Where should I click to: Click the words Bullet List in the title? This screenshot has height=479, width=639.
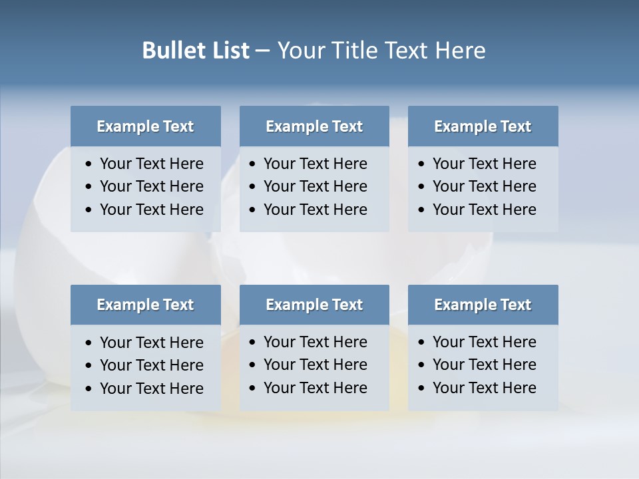(196, 51)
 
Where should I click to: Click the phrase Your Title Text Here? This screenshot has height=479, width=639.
(381, 51)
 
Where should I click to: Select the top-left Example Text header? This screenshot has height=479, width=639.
(145, 126)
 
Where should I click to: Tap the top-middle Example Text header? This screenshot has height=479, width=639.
(314, 126)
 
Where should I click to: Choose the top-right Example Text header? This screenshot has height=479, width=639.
(483, 126)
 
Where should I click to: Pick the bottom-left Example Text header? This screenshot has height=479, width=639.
(145, 305)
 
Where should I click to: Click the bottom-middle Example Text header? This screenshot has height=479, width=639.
(314, 305)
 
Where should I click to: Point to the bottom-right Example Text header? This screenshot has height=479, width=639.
(483, 305)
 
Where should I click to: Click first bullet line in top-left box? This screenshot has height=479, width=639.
(151, 164)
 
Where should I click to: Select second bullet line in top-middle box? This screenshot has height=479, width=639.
(315, 186)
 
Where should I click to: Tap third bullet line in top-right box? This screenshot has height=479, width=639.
(484, 210)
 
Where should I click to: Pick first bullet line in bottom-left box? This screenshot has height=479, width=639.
(151, 343)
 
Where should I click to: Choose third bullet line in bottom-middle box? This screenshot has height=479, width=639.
(315, 388)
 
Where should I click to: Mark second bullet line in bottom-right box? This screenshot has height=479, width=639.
(484, 365)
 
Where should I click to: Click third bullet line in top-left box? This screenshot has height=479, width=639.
(151, 210)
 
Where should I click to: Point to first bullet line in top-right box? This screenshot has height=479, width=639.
(484, 164)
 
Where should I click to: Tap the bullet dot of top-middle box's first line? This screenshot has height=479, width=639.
(253, 164)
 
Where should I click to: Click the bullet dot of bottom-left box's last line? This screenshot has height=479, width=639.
(89, 389)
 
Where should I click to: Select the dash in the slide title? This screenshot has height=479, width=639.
(263, 51)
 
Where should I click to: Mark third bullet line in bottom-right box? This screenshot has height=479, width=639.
(484, 388)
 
